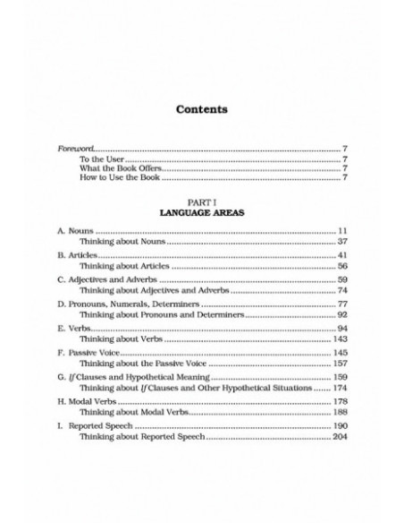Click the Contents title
click(201, 111)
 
